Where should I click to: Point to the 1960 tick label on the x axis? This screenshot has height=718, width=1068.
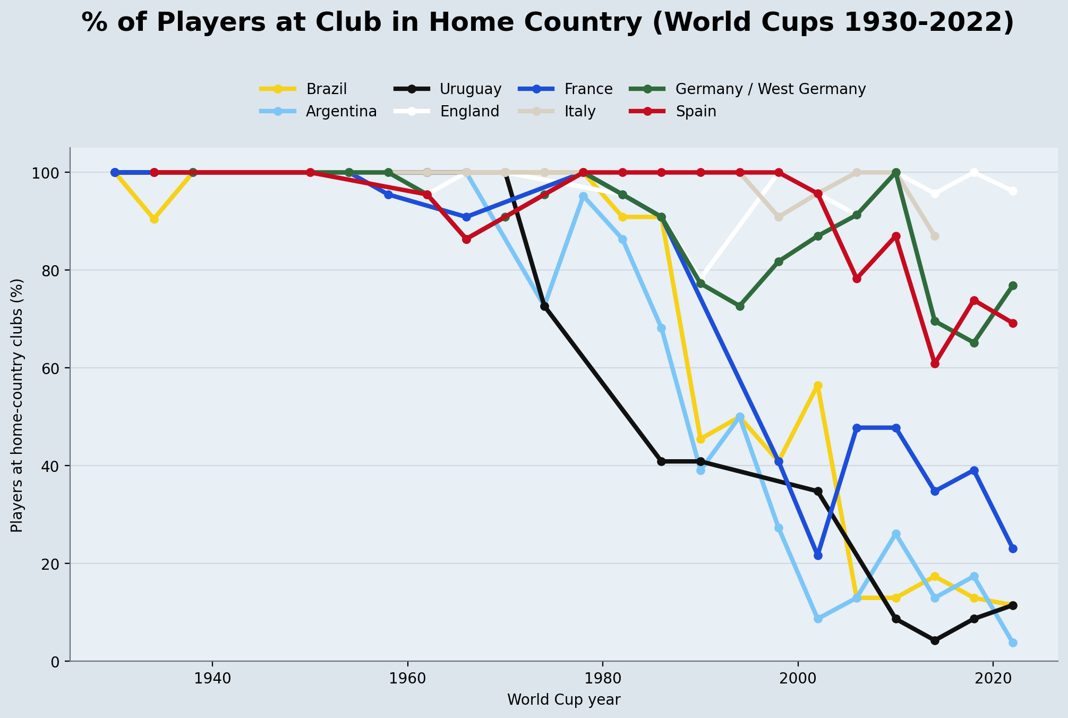pos(407,680)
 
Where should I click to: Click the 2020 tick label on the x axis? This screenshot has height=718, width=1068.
pos(993,680)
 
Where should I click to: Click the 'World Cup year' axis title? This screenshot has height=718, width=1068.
pos(563,700)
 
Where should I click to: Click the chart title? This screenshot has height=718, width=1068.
pos(548,23)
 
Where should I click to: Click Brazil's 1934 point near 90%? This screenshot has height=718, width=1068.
pos(154,219)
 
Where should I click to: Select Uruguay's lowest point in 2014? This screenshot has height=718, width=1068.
pos(935,640)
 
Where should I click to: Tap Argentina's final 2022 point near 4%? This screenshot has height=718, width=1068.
pos(1013,643)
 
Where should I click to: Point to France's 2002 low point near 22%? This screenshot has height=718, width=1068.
pos(818,555)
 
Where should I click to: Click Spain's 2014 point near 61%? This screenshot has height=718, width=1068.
pos(935,364)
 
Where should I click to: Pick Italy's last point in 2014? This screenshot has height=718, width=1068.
pos(935,236)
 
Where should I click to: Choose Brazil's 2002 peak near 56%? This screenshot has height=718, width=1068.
pos(818,386)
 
